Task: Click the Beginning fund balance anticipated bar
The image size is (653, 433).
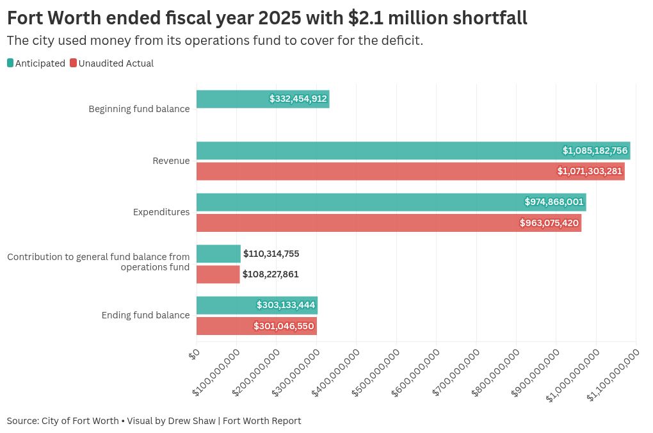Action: pos(262,99)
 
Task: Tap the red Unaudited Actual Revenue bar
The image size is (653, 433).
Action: pos(410,171)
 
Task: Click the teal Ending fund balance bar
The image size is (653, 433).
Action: pos(257,305)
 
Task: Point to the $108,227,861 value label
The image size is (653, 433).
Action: pos(270,274)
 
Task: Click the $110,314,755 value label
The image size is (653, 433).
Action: pos(271,254)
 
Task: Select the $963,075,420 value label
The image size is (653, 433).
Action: pos(549,223)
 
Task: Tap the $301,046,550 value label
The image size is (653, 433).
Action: pos(284,326)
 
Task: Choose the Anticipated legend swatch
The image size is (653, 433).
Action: pos(10,63)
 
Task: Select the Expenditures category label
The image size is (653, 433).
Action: pos(161,212)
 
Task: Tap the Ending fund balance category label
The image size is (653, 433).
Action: pos(145,315)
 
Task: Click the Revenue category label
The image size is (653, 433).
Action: pos(171,161)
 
